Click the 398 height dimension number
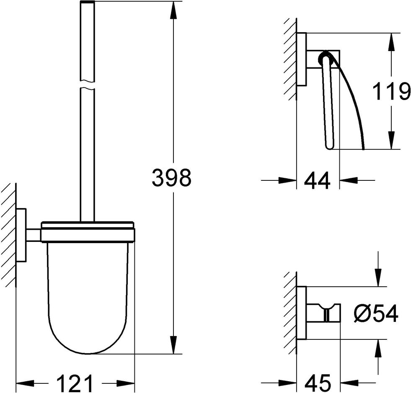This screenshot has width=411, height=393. tap(172, 177)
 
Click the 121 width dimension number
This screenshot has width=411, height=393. tap(75, 383)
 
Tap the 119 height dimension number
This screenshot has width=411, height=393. tap(391, 91)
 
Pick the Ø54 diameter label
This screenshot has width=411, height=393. tap(376, 313)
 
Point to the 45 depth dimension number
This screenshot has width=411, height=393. tap(318, 383)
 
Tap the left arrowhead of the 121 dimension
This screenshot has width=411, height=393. tap(26, 383)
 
